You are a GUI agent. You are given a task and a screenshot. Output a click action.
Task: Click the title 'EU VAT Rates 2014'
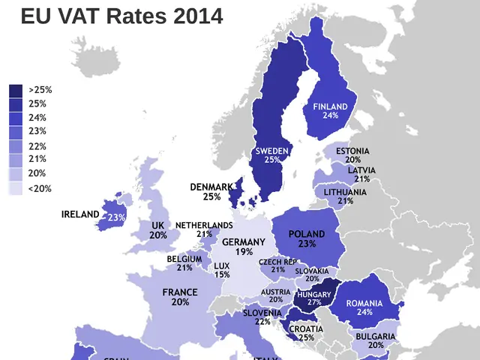click(121, 16)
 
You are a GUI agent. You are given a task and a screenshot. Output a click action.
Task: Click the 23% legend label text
click(37, 131)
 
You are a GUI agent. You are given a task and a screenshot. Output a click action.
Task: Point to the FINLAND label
click(330, 106)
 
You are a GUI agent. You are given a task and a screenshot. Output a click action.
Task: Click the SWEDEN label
click(271, 151)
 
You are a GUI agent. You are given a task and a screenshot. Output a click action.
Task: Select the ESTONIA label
click(352, 151)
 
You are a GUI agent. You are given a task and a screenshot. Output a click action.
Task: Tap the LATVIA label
click(361, 170)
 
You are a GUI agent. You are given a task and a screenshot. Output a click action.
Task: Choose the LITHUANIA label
click(346, 192)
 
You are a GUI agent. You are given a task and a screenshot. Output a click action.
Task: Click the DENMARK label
click(211, 187)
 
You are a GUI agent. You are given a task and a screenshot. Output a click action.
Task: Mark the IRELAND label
click(80, 214)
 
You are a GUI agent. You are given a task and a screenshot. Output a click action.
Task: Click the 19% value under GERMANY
click(244, 252)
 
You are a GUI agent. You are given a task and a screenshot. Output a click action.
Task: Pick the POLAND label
click(307, 234)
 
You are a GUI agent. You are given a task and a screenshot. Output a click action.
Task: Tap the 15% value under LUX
click(222, 274)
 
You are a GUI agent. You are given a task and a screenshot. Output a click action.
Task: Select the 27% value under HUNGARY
click(313, 303)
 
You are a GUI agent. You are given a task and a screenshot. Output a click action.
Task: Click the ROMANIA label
click(364, 303)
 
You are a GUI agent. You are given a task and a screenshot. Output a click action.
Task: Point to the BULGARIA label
click(376, 337)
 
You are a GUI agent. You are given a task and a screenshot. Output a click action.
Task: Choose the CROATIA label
click(306, 328)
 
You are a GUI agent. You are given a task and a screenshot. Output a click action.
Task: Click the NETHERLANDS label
click(204, 225)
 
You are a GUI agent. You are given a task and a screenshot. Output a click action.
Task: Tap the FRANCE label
click(180, 292)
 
